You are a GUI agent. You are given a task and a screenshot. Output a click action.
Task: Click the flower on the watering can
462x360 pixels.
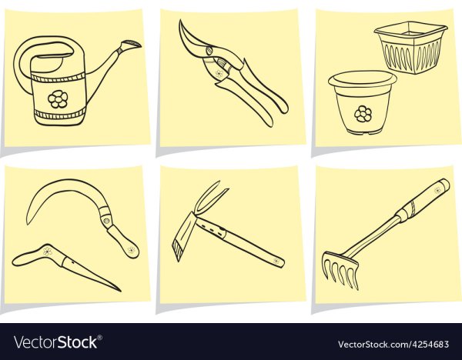tap(58, 99)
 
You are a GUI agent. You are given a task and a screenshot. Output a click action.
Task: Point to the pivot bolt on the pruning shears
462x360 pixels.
tap(209, 51)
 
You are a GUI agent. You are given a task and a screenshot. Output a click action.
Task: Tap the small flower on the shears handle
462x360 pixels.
tap(219, 74)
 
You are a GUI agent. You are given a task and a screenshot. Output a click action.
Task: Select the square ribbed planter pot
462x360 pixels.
tap(410, 47)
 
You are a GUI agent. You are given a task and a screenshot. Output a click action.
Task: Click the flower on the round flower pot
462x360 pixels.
tap(363, 114)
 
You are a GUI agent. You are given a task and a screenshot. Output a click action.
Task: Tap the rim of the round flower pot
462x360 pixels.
tap(363, 79)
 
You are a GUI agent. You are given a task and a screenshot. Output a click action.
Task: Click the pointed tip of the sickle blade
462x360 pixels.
tap(28, 225)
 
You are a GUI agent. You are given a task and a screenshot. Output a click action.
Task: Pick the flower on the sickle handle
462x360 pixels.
tap(131, 250)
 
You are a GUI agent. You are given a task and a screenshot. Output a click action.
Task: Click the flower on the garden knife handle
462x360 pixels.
tap(48, 251)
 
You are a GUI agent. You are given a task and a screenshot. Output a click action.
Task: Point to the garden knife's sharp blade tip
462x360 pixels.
tap(120, 291)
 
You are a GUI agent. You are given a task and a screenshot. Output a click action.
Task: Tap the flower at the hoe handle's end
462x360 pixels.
tap(276, 261)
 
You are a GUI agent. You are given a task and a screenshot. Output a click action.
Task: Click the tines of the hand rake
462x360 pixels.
tap(340, 269)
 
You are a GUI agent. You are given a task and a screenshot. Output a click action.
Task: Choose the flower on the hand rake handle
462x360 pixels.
tap(438, 190)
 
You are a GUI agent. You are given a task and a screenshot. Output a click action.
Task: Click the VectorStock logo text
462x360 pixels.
tap(58, 342)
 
